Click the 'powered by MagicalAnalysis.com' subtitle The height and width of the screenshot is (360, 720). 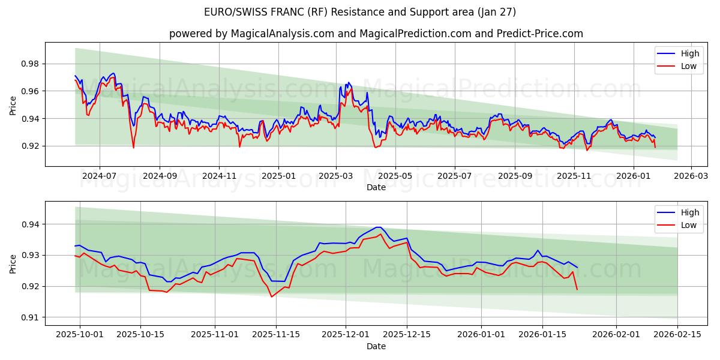tap(376, 34)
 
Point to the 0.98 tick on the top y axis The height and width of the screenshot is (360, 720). tap(31, 64)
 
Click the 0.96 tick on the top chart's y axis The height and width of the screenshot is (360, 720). tap(31, 91)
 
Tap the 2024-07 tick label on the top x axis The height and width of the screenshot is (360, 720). tap(99, 176)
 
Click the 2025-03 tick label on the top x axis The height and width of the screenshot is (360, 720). tap(336, 176)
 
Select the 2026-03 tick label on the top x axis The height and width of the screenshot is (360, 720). tap(691, 176)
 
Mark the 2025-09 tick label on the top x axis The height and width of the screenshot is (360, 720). tap(515, 176)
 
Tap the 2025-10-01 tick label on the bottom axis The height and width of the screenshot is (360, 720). tap(79, 335)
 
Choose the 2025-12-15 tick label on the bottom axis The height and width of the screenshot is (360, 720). tap(407, 335)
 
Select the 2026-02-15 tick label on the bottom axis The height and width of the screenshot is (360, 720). tap(677, 335)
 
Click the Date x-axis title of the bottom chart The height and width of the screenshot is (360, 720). tap(376, 346)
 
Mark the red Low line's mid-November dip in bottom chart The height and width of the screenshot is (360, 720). tap(272, 296)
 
